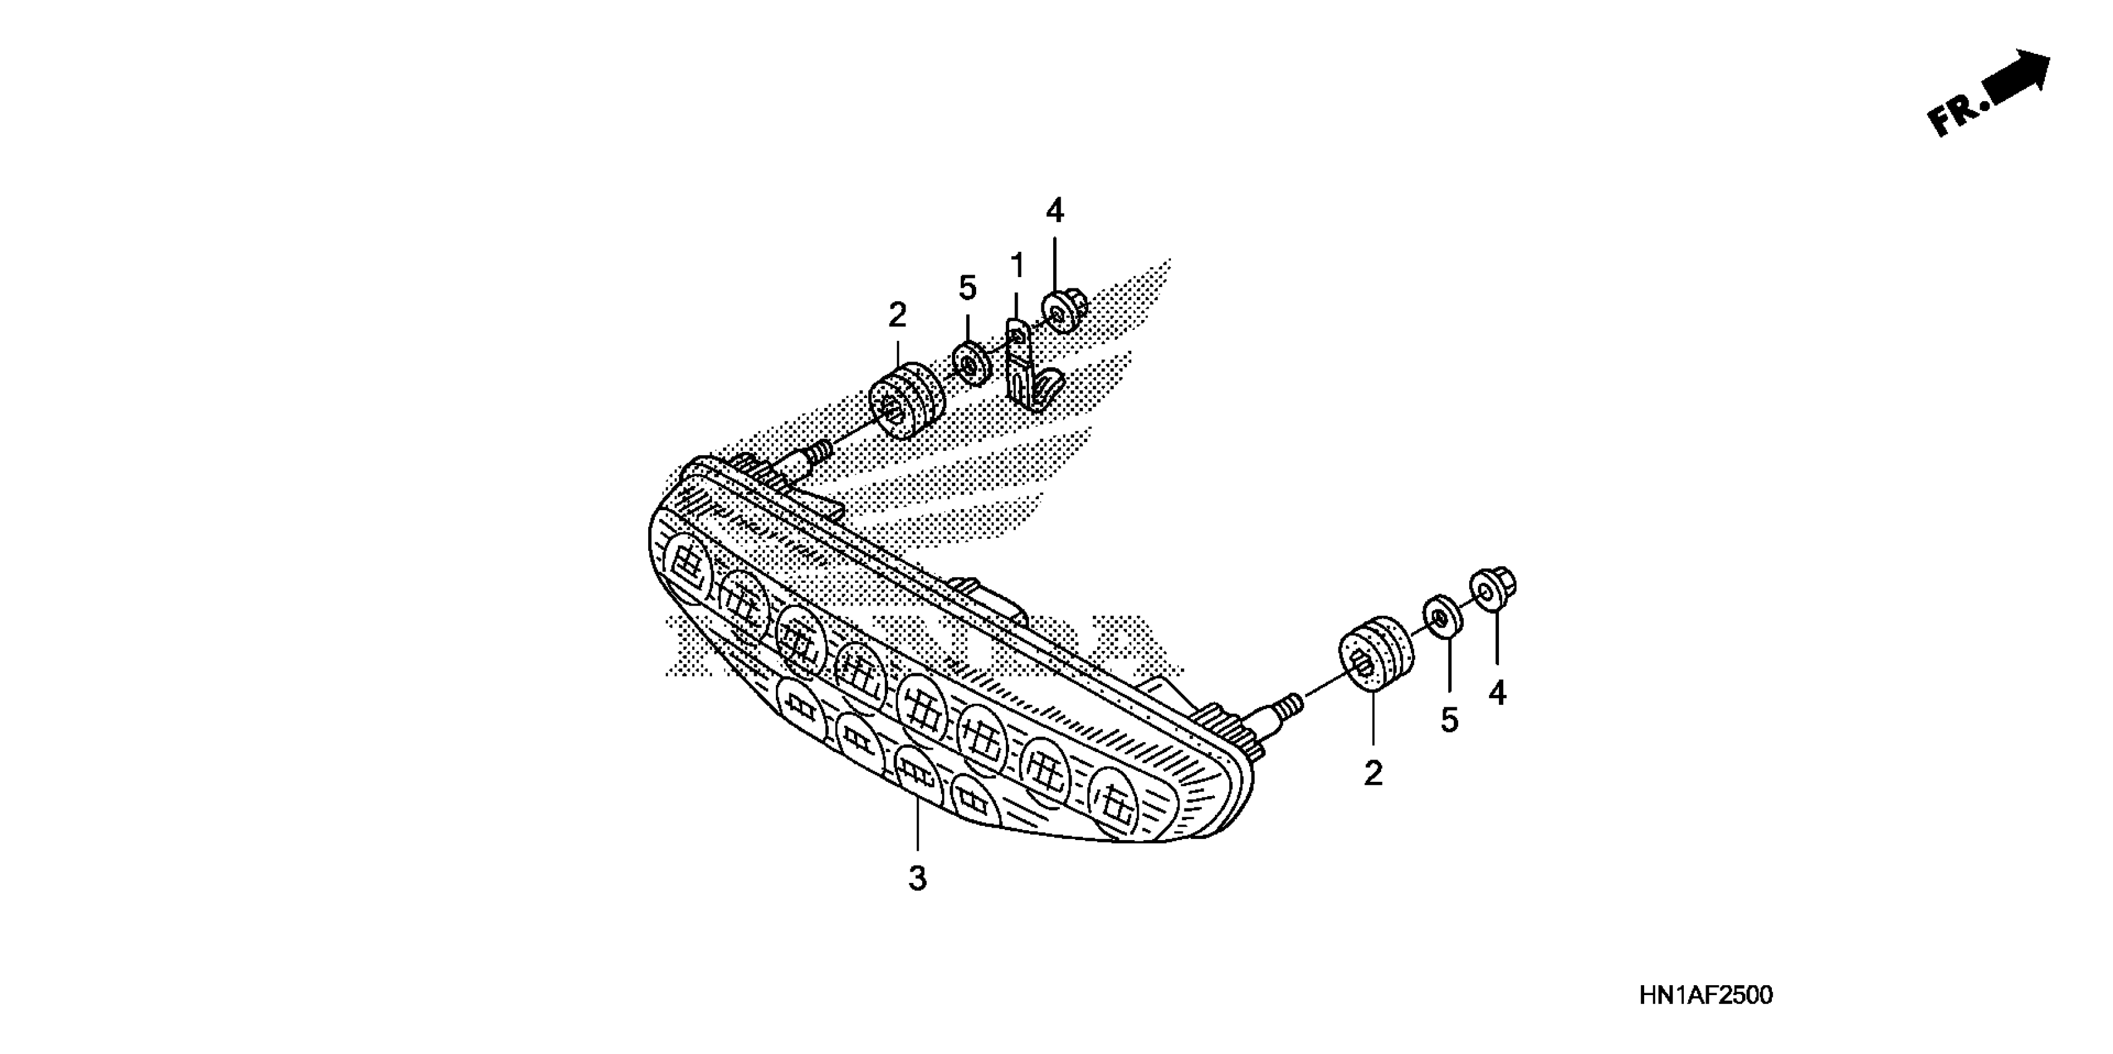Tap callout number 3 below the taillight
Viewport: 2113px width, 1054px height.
(917, 879)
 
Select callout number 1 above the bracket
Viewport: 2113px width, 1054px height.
(1017, 266)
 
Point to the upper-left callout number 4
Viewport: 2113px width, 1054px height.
(1055, 211)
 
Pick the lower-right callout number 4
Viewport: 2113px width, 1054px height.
(1497, 694)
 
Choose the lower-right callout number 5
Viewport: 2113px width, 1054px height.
(1449, 721)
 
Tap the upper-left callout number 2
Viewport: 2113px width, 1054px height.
(897, 315)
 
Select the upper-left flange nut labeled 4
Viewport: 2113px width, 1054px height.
(1064, 312)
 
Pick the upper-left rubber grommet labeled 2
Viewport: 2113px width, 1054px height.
(906, 402)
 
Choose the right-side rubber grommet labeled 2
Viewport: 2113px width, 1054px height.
(1376, 656)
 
